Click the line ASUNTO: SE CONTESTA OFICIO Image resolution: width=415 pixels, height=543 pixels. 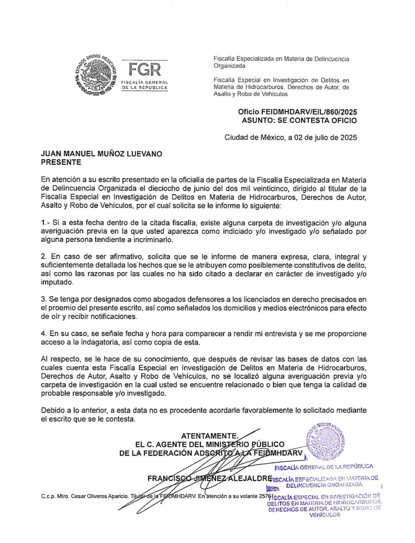(299, 120)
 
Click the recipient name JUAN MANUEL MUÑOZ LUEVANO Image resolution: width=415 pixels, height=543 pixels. (102, 154)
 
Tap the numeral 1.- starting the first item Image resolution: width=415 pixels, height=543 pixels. (45, 222)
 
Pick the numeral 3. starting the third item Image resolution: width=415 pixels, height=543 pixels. (44, 299)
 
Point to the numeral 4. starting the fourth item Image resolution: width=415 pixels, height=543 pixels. (44, 333)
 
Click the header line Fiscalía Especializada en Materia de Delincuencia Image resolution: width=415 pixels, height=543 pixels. (281, 59)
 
